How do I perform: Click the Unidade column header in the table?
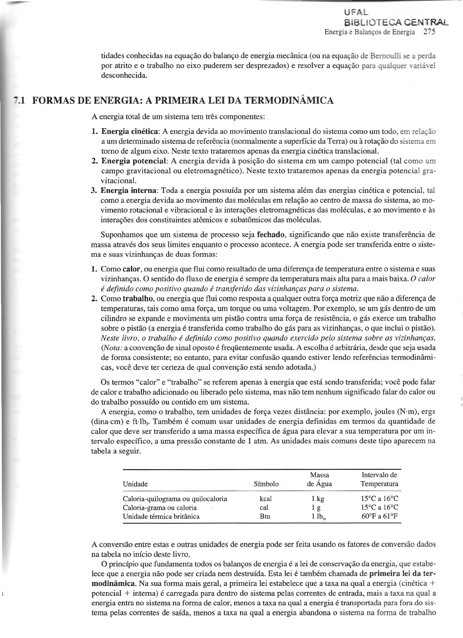(x=135, y=484)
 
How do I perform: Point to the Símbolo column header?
(x=266, y=484)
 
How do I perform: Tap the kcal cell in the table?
(x=265, y=499)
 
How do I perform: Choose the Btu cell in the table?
(x=265, y=516)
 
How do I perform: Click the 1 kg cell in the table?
(x=317, y=499)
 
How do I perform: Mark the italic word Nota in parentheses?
(x=110, y=348)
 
